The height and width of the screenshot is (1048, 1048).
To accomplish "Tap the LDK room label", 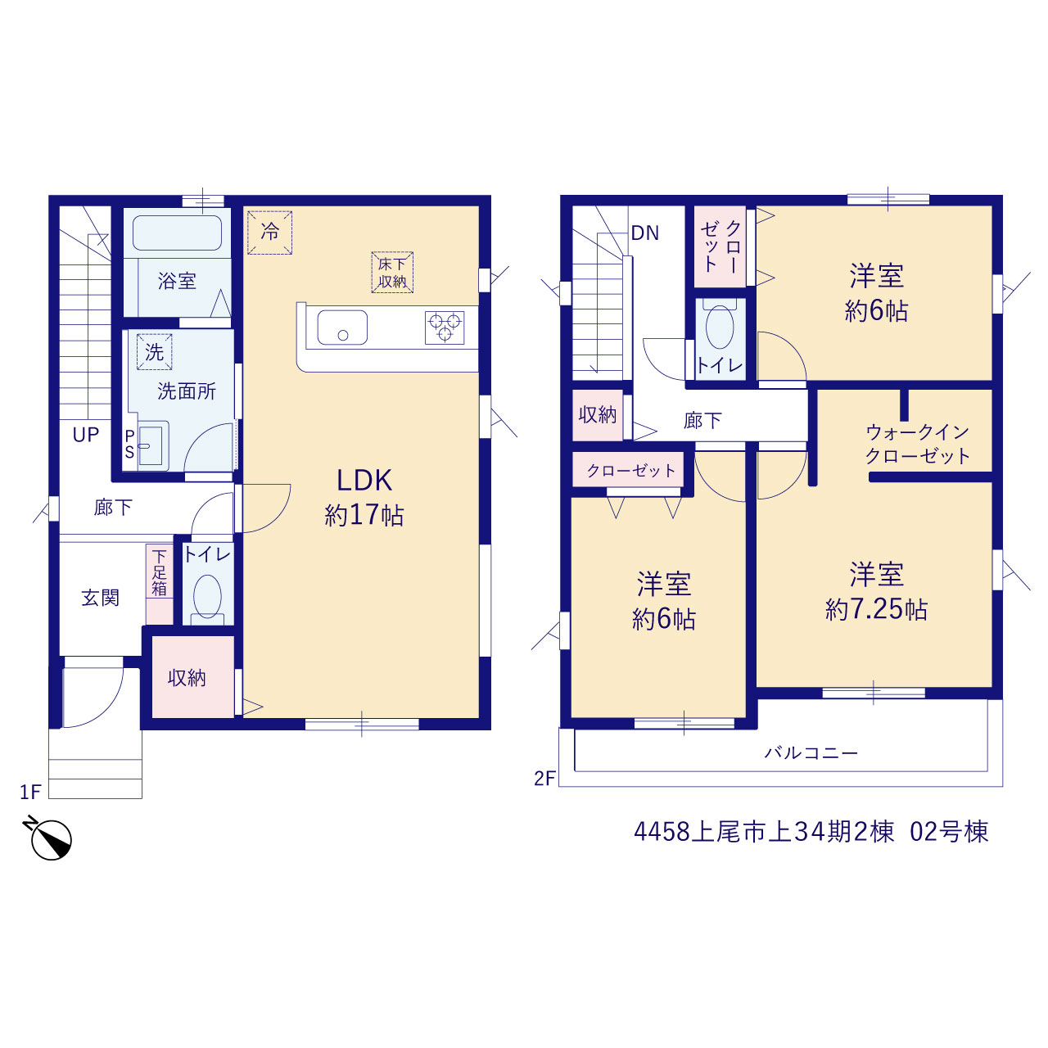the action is click(364, 481).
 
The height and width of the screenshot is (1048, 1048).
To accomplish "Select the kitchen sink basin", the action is click(342, 327).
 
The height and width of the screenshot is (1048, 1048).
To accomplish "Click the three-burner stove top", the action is click(445, 327).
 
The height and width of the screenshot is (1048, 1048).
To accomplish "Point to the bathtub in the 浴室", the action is click(178, 233).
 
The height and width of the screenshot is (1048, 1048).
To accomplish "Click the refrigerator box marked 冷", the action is click(269, 233).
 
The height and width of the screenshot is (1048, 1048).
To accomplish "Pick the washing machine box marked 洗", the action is click(155, 352).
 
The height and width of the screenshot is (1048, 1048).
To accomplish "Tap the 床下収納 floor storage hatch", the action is click(392, 273).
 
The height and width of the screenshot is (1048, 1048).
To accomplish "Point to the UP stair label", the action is click(86, 435).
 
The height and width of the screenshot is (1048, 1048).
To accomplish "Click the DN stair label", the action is click(645, 233).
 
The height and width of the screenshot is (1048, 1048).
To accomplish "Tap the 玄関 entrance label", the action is click(101, 598).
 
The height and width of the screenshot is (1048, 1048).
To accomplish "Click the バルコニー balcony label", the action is click(811, 752).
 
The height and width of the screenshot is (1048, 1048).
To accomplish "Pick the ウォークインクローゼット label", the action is click(918, 445).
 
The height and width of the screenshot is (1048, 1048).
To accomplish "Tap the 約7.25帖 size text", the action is click(876, 610).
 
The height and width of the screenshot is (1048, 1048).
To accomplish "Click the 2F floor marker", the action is click(544, 779).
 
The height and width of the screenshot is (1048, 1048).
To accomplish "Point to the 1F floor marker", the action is click(30, 792).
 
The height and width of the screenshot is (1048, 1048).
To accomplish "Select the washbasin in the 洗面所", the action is click(152, 445).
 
